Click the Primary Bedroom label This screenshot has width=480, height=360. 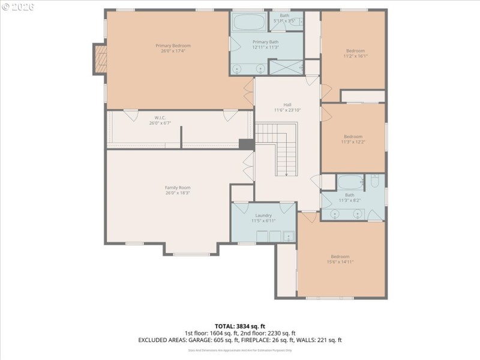click(173, 46)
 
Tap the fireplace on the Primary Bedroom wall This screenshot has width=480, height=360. click(100, 58)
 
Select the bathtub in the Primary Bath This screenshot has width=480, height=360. click(248, 24)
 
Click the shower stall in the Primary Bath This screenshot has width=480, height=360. click(286, 67)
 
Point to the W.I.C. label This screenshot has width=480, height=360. click(160, 118)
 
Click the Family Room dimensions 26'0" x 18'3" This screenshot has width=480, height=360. click(178, 193)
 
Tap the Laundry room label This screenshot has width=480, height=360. click(263, 215)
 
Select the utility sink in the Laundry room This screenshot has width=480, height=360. click(289, 236)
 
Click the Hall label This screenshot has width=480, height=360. click(287, 104)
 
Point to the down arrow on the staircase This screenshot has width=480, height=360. click(286, 172)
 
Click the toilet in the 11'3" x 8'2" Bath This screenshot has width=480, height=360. click(375, 181)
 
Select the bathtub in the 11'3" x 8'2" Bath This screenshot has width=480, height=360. click(350, 181)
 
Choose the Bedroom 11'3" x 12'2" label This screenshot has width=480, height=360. click(353, 136)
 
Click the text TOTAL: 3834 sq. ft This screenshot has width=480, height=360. click(240, 326)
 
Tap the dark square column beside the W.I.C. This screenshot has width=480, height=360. click(246, 144)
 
